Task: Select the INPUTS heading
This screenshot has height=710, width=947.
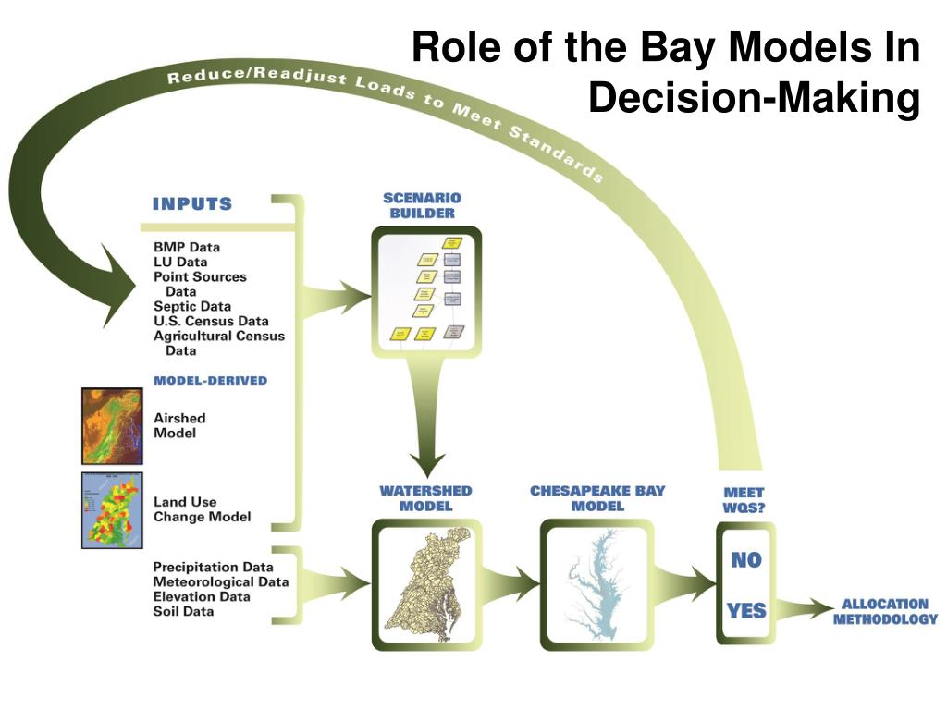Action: (192, 203)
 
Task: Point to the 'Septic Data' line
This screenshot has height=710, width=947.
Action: (192, 306)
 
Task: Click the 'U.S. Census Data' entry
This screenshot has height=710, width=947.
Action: (211, 321)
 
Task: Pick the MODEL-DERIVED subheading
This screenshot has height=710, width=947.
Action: (210, 380)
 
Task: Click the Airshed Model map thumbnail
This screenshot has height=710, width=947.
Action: (113, 425)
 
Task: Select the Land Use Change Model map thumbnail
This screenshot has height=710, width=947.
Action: (113, 509)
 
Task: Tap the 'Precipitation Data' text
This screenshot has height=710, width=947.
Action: (213, 567)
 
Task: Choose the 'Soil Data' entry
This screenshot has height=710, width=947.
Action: (183, 611)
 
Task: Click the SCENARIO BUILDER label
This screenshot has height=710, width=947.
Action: (422, 205)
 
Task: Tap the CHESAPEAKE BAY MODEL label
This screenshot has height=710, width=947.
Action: (597, 498)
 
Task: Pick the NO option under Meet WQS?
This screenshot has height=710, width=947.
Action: (746, 559)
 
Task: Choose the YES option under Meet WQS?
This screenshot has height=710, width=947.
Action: (746, 610)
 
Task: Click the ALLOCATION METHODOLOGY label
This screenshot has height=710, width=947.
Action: (885, 611)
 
